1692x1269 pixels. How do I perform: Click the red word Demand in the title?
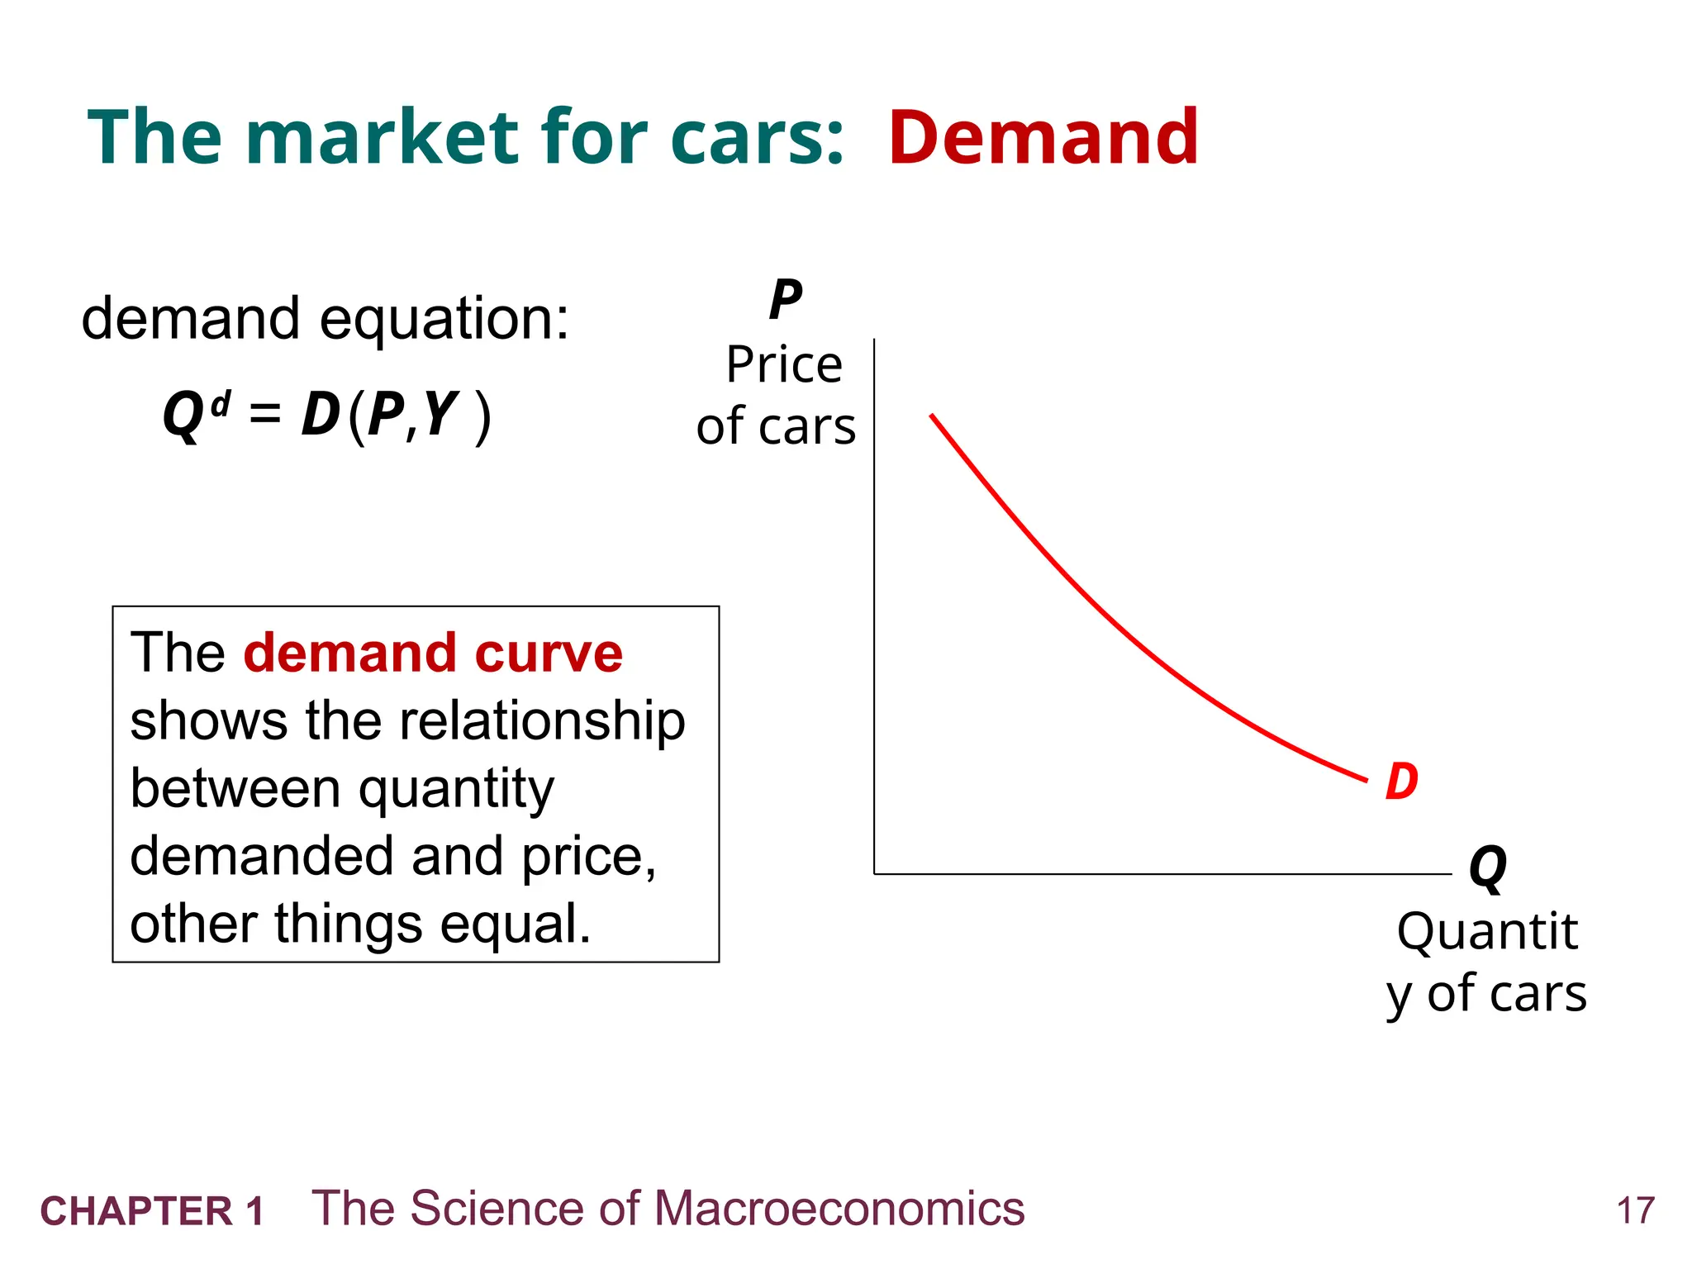[x=1043, y=137]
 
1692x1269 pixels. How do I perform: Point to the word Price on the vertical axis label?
[x=784, y=364]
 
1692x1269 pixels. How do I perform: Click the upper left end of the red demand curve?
[x=932, y=416]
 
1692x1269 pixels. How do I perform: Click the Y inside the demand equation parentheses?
[x=440, y=413]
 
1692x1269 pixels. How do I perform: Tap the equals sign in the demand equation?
[x=265, y=413]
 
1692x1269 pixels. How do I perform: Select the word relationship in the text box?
[x=543, y=720]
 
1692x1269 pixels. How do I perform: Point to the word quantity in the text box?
[x=456, y=790]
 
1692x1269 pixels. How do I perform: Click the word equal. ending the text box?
[x=515, y=924]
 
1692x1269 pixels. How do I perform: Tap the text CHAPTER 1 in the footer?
[x=152, y=1211]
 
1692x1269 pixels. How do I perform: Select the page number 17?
[x=1635, y=1211]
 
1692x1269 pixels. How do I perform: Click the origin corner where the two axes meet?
[x=874, y=873]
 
